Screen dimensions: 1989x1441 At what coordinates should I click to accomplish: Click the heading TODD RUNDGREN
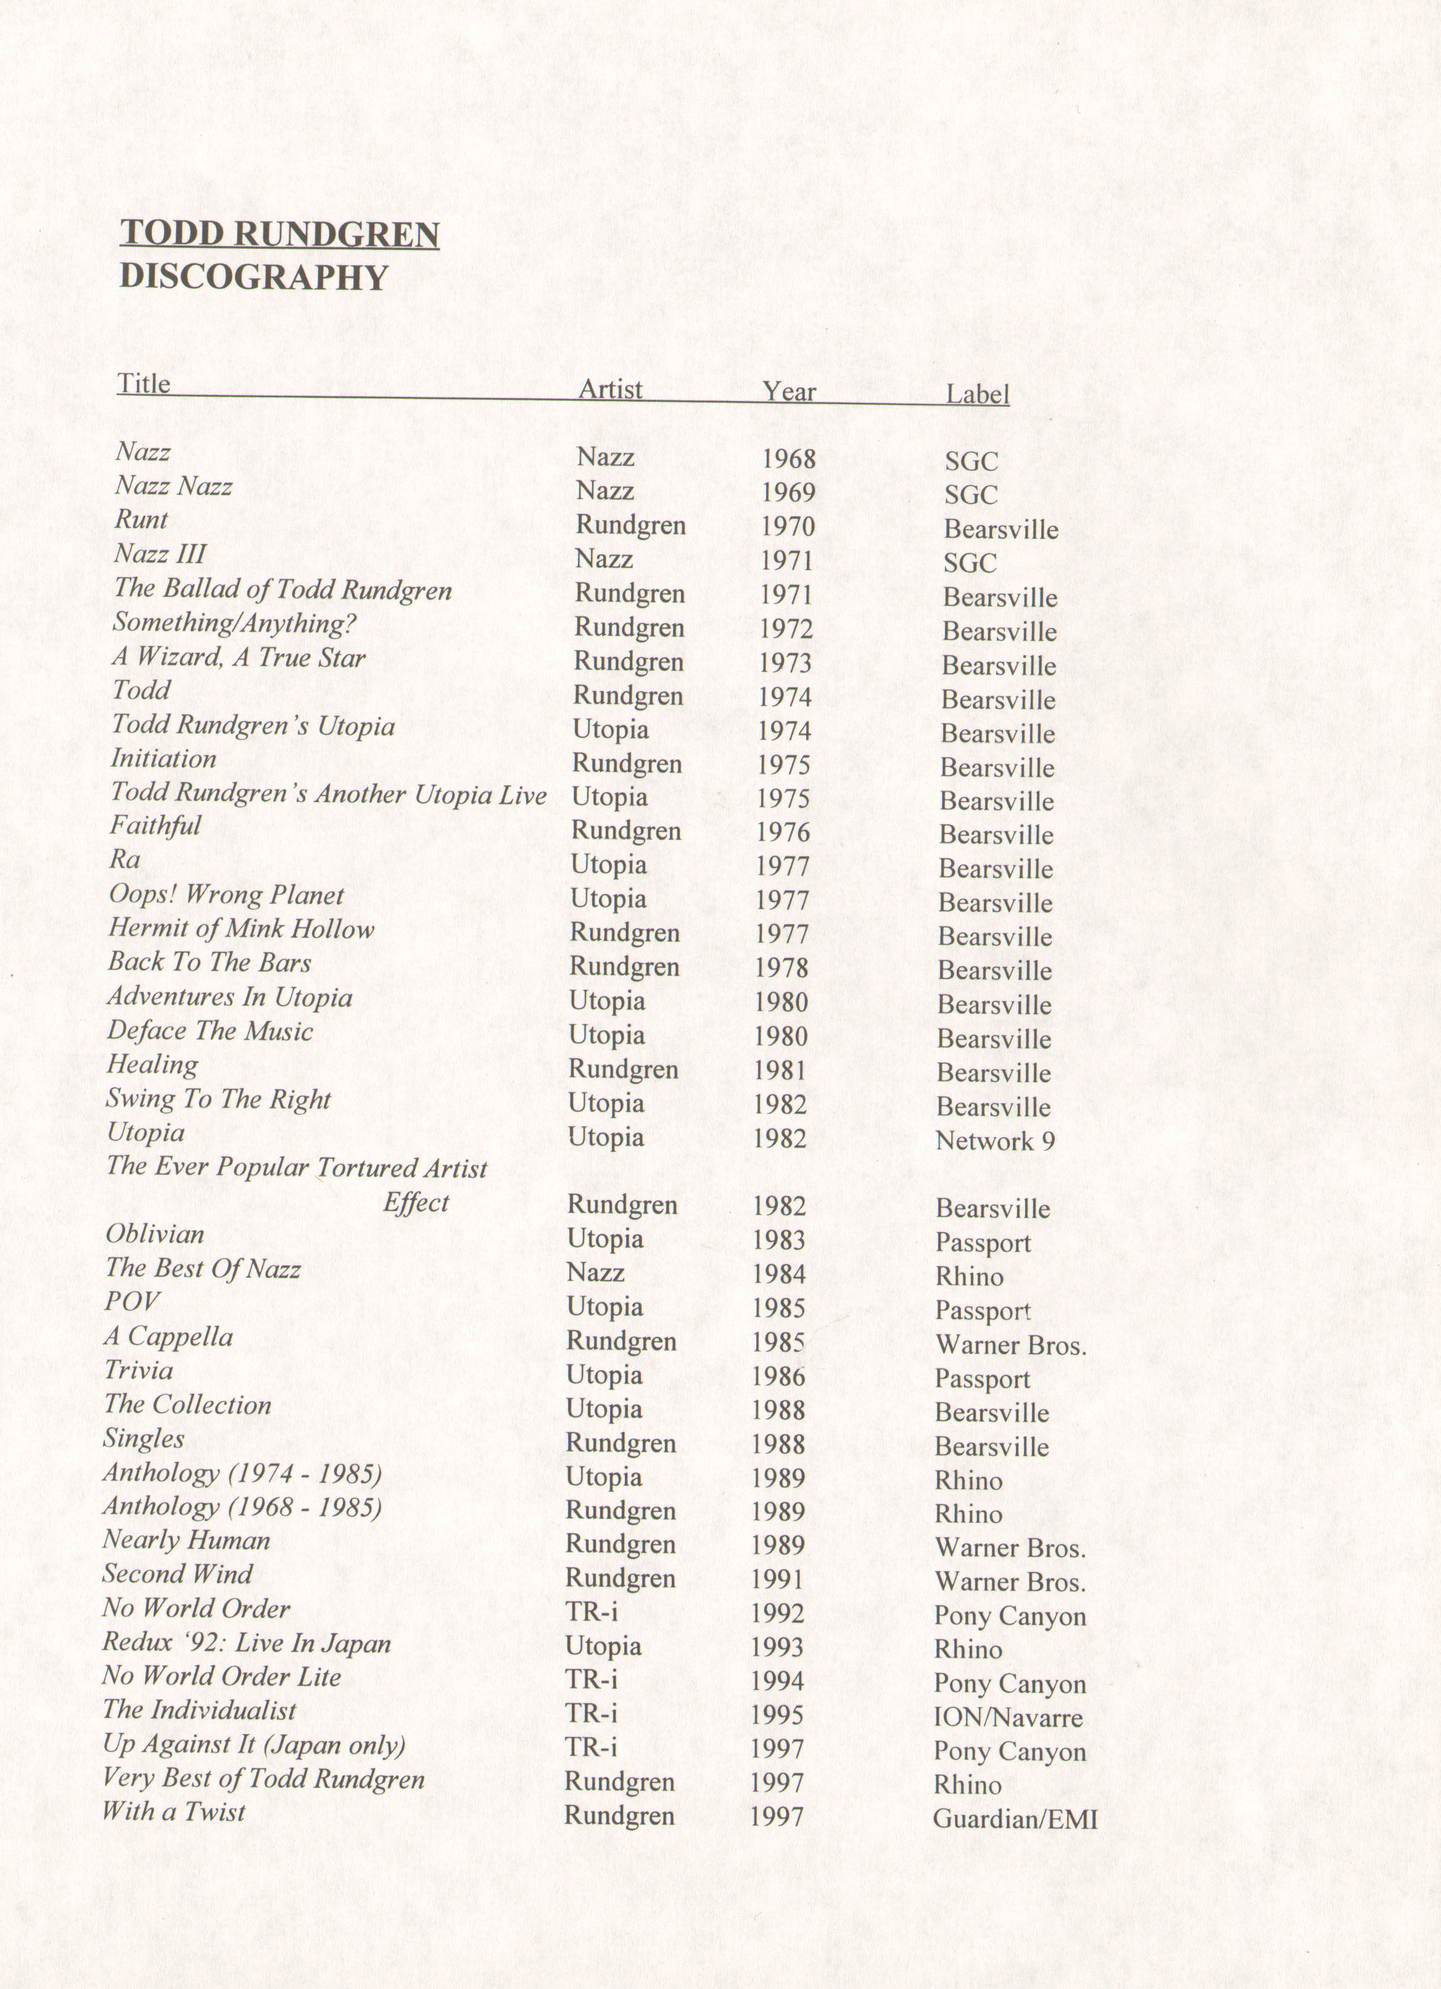click(279, 234)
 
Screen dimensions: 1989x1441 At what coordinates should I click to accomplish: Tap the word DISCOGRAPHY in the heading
click(254, 277)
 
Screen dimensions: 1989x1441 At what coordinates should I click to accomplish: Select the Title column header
click(144, 384)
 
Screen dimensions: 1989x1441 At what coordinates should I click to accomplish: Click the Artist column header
click(611, 389)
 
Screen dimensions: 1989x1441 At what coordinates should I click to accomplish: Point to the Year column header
click(788, 392)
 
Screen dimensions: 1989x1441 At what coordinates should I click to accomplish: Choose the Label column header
click(977, 395)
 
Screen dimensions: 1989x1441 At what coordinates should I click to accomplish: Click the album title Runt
click(141, 519)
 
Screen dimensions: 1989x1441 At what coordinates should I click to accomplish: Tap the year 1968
click(788, 458)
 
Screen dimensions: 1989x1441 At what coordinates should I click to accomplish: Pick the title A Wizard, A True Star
click(239, 658)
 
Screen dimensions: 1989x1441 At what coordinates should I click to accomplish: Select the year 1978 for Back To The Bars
click(782, 968)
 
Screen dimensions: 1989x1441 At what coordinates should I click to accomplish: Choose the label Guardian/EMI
click(1015, 1819)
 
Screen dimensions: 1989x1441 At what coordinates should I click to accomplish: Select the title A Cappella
click(168, 1338)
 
